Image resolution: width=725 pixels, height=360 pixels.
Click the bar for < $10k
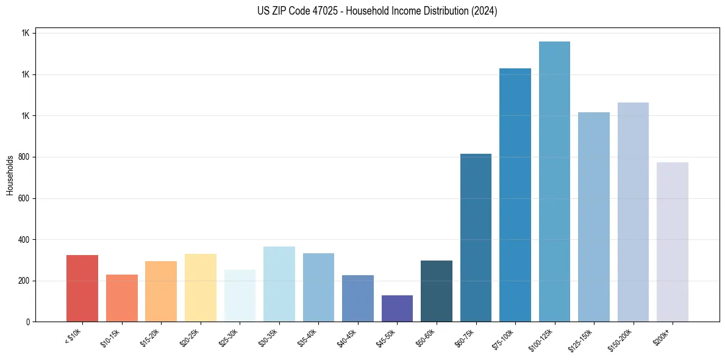click(82, 288)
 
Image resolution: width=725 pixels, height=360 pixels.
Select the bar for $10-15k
click(121, 298)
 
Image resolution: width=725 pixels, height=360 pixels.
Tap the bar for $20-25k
click(200, 287)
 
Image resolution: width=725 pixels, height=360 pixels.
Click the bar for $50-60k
click(436, 291)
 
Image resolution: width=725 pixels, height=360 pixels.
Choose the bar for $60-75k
click(476, 237)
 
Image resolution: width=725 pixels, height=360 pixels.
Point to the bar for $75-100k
click(515, 195)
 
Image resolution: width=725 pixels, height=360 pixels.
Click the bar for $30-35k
click(279, 284)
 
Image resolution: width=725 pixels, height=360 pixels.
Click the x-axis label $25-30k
click(229, 337)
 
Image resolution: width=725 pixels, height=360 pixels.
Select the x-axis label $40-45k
click(347, 337)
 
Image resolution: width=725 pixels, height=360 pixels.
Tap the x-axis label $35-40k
click(308, 337)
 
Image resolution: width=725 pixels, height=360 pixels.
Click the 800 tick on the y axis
click(23, 157)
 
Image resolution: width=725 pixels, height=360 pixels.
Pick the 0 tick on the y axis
click(27, 322)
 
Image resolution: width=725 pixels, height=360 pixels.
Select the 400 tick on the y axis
click(23, 239)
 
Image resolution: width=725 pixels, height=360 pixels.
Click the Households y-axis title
click(10, 175)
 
